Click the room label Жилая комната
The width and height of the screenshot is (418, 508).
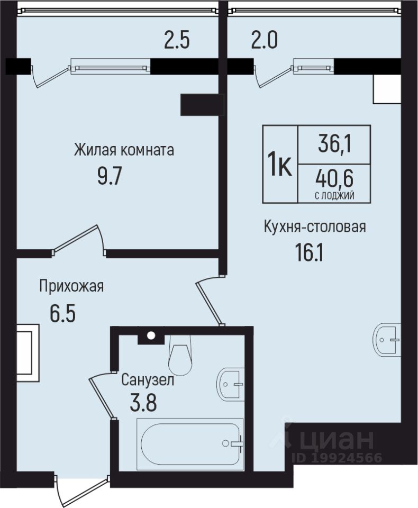(124, 150)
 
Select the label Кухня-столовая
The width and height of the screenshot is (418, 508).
(315, 226)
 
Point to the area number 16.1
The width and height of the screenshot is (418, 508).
(309, 252)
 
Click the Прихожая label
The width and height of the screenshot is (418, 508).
(71, 286)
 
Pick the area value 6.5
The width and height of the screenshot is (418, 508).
(62, 313)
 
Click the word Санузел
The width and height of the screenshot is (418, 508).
(148, 380)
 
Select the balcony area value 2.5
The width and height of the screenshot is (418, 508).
(177, 41)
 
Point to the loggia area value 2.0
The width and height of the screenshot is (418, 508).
(265, 41)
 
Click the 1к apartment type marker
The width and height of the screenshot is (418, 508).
(280, 164)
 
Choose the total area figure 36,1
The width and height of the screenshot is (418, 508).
(334, 144)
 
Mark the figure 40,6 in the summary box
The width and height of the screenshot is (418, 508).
(334, 179)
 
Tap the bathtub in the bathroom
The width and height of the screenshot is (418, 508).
(190, 442)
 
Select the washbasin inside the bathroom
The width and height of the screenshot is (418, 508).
(230, 385)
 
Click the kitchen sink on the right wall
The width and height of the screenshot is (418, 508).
(387, 340)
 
